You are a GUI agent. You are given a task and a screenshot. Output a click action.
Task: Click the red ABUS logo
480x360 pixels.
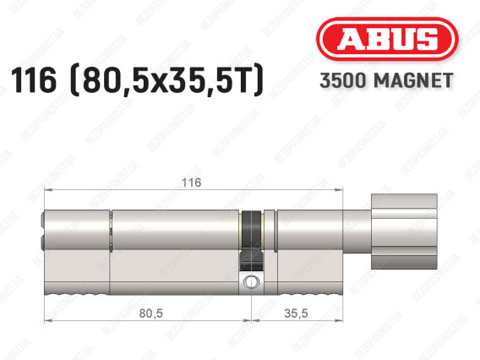[387, 39]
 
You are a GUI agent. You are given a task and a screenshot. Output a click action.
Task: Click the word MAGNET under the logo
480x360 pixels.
[413, 80]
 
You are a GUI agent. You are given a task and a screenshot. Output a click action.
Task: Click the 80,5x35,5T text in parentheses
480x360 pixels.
[166, 80]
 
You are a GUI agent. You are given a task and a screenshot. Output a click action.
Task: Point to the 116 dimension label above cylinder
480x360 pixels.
[192, 183]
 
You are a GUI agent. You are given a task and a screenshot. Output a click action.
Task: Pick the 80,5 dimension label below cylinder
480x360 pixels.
[150, 314]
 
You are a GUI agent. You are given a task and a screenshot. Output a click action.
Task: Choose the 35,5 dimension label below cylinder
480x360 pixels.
[296, 314]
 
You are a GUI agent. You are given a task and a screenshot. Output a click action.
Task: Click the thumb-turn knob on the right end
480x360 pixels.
[404, 232]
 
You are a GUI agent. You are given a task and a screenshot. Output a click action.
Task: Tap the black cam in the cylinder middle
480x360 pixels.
[251, 240]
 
